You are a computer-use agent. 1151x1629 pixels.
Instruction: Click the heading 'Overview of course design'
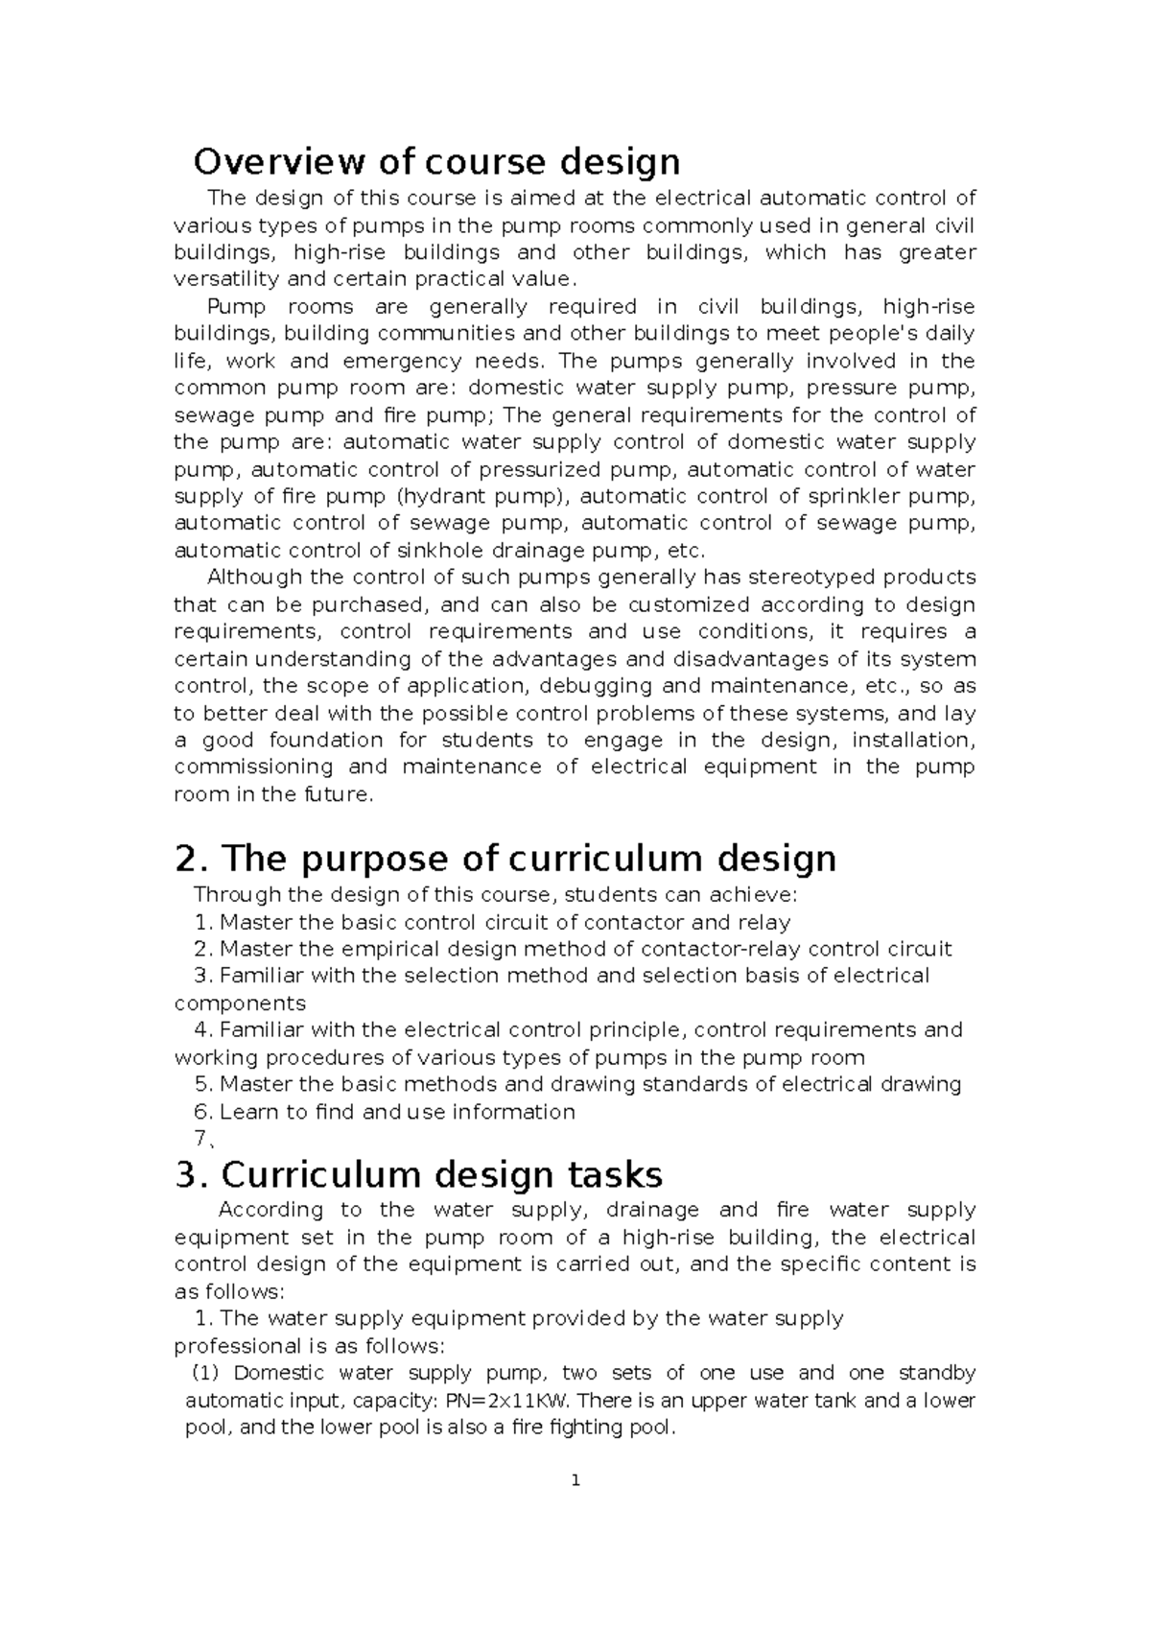point(436,161)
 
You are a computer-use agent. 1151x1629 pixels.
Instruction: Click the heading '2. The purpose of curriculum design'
point(505,858)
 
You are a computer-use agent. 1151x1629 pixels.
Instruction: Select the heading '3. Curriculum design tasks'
point(419,1174)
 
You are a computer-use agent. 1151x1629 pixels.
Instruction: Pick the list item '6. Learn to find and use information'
point(384,1112)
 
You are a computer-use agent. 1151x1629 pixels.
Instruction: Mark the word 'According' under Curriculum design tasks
point(270,1210)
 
